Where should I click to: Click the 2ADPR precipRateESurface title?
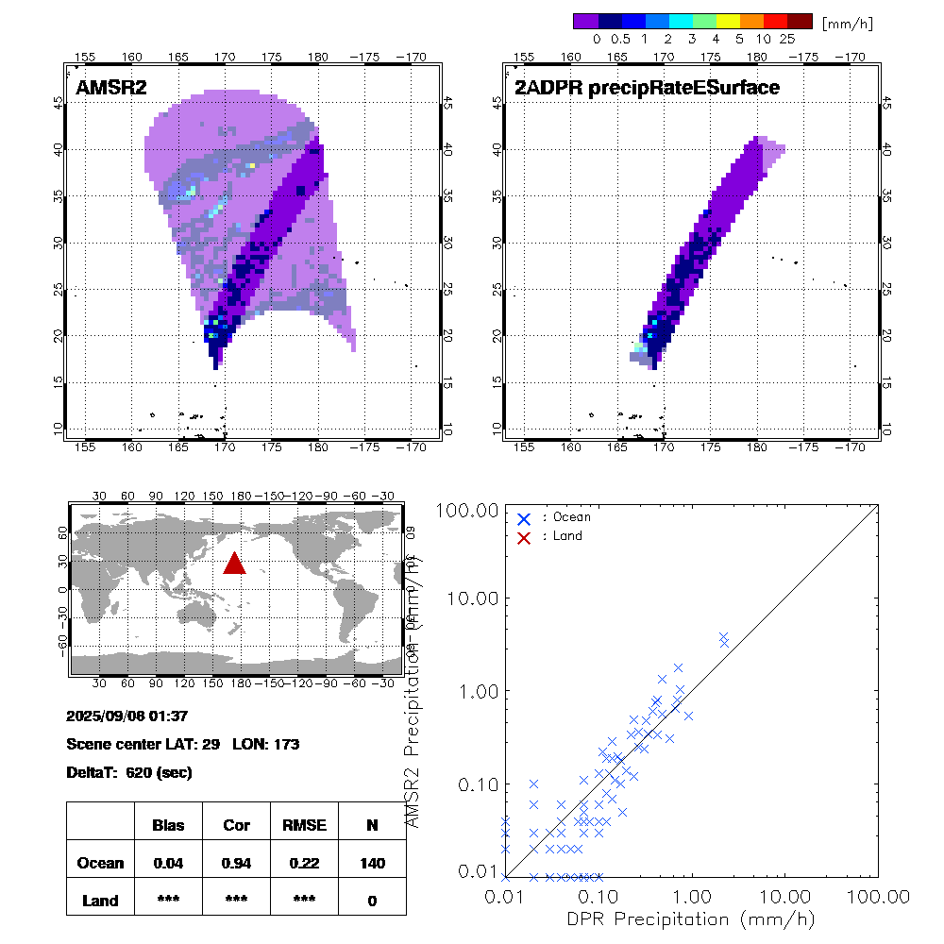click(x=647, y=88)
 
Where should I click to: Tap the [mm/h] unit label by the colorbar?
click(x=847, y=22)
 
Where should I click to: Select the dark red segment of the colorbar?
click(x=800, y=21)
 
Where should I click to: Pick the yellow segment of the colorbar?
click(x=729, y=21)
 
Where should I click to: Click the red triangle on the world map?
click(x=234, y=564)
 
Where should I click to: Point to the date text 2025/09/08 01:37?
click(x=127, y=716)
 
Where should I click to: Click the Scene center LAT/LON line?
click(x=183, y=744)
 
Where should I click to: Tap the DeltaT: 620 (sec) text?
click(x=129, y=772)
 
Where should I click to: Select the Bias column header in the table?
click(x=168, y=825)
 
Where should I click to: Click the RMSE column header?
click(x=304, y=825)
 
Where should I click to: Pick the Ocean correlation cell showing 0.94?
click(x=236, y=863)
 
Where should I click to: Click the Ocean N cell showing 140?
click(x=372, y=863)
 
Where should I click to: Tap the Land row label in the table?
click(x=100, y=901)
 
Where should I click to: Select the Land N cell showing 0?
click(x=372, y=901)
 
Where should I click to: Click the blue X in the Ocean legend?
click(x=524, y=518)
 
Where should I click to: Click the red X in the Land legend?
click(x=524, y=536)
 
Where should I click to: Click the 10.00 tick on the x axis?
click(x=785, y=895)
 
